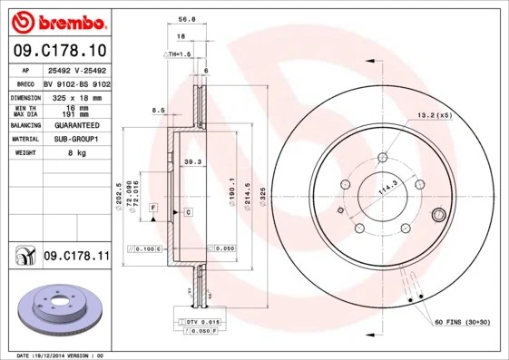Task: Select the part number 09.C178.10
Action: click(x=59, y=50)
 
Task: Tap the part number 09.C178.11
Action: click(x=76, y=257)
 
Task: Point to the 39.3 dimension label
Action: click(x=191, y=162)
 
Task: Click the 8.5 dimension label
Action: click(x=158, y=111)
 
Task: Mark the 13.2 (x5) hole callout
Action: click(x=434, y=115)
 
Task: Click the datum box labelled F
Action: click(x=154, y=209)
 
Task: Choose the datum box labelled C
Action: click(x=187, y=211)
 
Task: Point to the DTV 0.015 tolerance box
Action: click(x=202, y=322)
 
